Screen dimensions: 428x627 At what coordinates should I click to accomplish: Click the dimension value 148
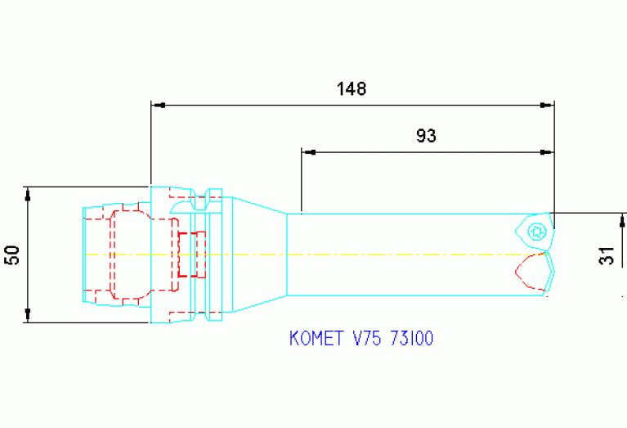[352, 89]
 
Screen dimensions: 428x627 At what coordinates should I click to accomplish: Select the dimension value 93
[426, 136]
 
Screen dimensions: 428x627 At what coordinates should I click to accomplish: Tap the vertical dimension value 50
[12, 255]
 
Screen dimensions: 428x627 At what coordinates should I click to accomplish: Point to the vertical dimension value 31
[606, 255]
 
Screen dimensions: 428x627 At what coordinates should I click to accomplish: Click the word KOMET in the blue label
[317, 339]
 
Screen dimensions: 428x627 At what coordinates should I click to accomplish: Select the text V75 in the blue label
[365, 339]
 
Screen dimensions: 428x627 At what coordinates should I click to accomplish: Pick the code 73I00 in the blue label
[410, 339]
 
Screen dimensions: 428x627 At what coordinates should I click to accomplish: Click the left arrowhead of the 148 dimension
[158, 106]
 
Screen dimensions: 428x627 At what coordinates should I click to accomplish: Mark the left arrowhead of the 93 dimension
[308, 152]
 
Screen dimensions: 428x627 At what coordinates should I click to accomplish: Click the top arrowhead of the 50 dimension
[28, 194]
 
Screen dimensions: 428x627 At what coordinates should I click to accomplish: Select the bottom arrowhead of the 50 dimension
[28, 315]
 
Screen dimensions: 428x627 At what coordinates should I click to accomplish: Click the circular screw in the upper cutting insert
[536, 229]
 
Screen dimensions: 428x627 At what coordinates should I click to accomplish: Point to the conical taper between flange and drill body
[260, 255]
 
